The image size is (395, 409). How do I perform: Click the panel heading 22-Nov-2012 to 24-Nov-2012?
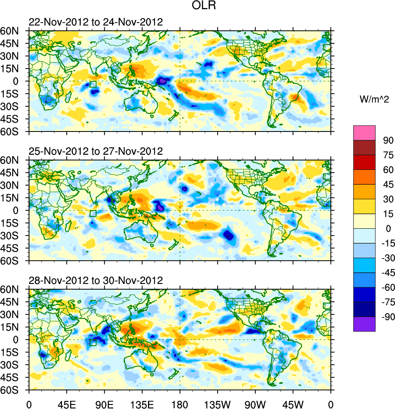pos(96,22)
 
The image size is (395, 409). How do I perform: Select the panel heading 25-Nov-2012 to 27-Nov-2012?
pos(96,151)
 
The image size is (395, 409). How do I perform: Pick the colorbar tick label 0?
pos(389,228)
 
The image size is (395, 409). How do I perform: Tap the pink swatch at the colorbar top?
pos(364,133)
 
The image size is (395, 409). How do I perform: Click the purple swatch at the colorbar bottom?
pos(364,324)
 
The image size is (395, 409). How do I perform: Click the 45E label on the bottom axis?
pos(67,403)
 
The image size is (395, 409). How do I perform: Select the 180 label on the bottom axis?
pos(180,403)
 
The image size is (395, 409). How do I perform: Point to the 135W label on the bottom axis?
pos(217,403)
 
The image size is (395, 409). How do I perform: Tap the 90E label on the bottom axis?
pos(104,403)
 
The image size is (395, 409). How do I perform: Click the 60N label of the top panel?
pos(19,31)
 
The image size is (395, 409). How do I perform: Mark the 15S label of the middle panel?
pos(19,223)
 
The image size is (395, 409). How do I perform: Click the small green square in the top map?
pos(93,84)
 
